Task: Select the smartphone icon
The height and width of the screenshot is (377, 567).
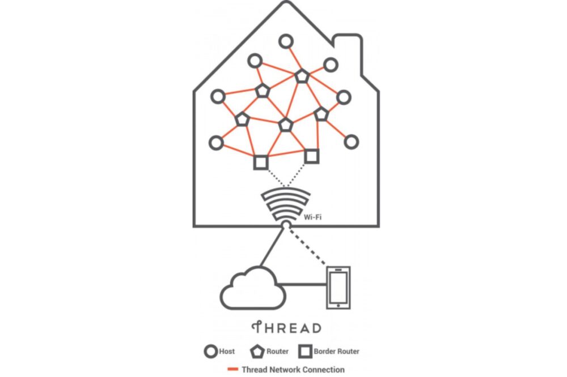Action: (338, 288)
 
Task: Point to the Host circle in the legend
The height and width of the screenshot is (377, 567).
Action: (210, 352)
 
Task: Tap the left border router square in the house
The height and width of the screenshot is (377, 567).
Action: (260, 162)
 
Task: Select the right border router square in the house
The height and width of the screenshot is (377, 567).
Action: (311, 155)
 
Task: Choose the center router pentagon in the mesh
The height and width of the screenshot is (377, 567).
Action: (285, 125)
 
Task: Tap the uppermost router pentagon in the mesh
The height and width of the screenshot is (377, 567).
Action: (302, 75)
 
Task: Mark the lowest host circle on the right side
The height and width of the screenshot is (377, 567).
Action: (352, 141)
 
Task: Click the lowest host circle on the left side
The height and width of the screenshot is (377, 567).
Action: (216, 143)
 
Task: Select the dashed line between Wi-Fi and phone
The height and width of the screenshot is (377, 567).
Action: (309, 246)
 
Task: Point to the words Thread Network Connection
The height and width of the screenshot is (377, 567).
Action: (293, 370)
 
